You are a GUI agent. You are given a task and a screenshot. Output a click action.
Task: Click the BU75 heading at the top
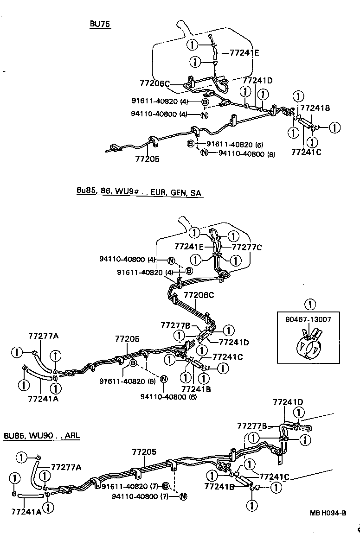(x=100, y=25)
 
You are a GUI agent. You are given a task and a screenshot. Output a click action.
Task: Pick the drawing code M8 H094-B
(x=328, y=513)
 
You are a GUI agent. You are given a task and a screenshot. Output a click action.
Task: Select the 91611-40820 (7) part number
(x=131, y=486)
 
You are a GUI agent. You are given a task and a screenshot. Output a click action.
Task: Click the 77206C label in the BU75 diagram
(x=154, y=83)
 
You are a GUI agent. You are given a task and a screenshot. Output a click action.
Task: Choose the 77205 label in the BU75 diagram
(x=147, y=159)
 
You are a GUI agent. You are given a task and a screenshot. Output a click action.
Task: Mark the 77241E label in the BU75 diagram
(x=244, y=53)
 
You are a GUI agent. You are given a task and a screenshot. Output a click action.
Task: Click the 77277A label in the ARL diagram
(x=66, y=467)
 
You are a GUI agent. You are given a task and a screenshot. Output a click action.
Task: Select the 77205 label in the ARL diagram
(x=144, y=451)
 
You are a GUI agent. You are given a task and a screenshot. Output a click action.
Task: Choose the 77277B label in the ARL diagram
(x=252, y=426)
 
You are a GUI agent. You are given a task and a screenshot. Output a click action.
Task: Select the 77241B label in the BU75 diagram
(x=315, y=108)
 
